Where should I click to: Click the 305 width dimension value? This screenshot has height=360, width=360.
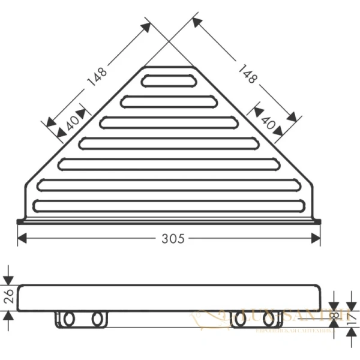(173, 238)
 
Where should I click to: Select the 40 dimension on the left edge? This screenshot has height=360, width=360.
(71, 124)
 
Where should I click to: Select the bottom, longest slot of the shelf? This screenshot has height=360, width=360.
(170, 205)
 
